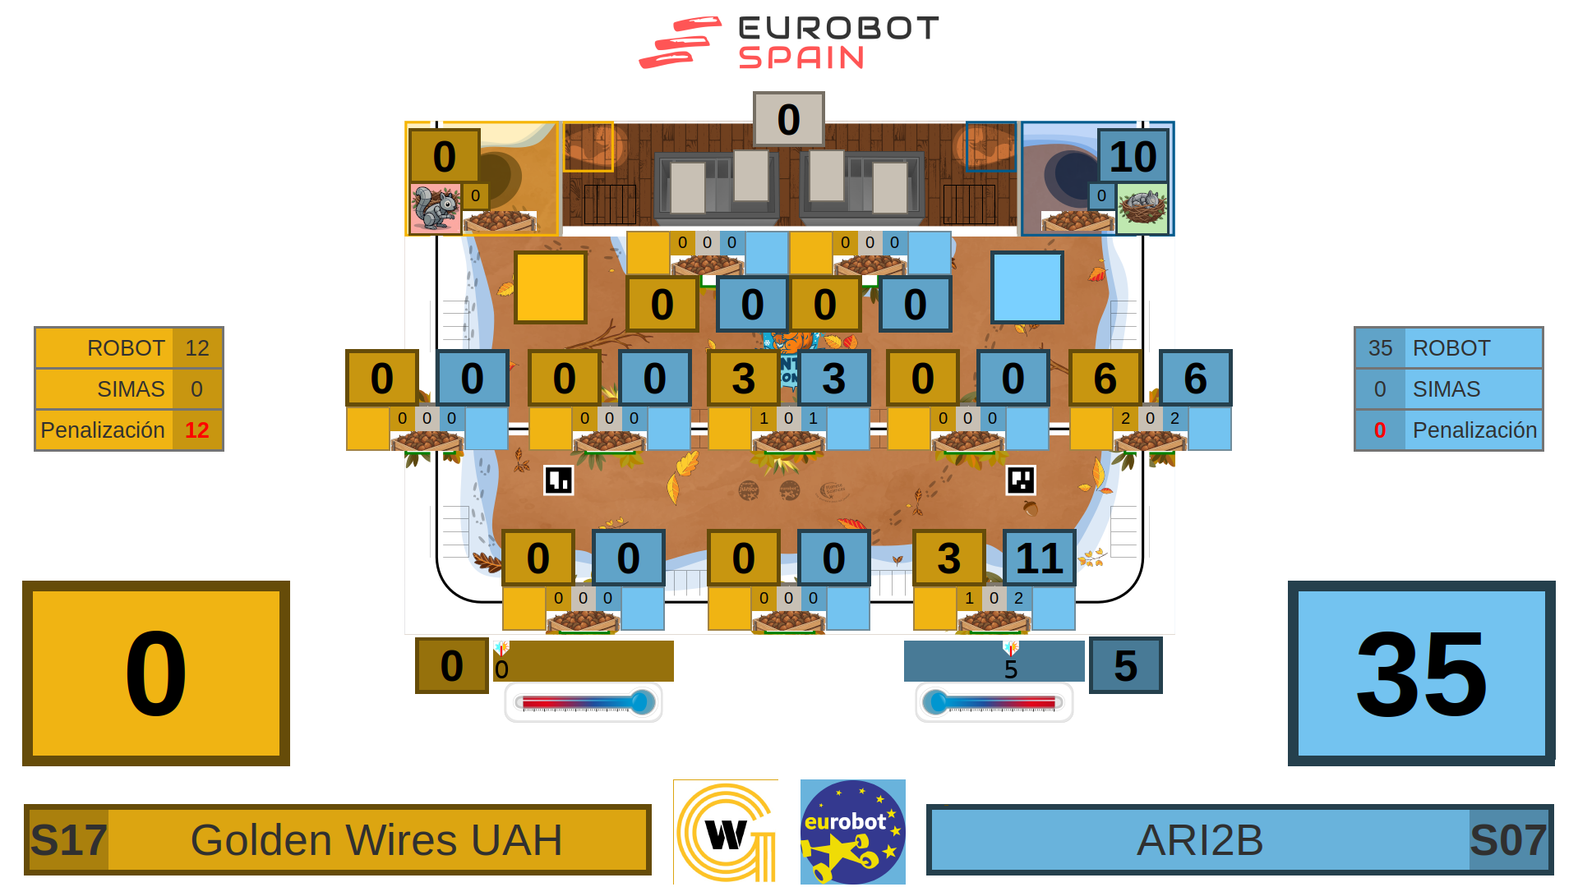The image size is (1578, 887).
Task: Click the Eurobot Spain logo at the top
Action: [x=789, y=43]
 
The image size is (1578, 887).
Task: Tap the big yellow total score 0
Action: [x=156, y=673]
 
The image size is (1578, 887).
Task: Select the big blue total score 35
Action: [x=1421, y=673]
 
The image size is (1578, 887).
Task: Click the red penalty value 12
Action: [x=196, y=430]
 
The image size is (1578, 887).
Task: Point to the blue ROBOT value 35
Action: [x=1380, y=348]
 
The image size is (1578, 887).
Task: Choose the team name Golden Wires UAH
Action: [x=376, y=840]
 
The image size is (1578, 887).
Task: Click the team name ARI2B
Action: [x=1200, y=840]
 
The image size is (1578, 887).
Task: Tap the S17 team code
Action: [x=68, y=840]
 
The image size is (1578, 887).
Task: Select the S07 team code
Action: [x=1508, y=840]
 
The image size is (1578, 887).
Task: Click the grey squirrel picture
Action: [x=435, y=208]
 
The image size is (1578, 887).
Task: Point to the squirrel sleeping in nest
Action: [x=1142, y=208]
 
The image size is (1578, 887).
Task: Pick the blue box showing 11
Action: [x=1039, y=558]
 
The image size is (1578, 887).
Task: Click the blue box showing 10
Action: [x=1133, y=156]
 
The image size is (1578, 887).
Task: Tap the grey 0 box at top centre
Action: [x=788, y=119]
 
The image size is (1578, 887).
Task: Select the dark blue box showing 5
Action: [x=1125, y=665]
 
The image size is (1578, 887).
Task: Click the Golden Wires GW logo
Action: [x=726, y=831]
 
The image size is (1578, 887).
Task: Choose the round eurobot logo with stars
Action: [x=853, y=831]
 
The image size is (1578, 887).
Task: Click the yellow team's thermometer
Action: [x=584, y=702]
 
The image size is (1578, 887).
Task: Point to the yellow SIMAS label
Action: [x=131, y=389]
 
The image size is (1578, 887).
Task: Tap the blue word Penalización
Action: [x=1474, y=430]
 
